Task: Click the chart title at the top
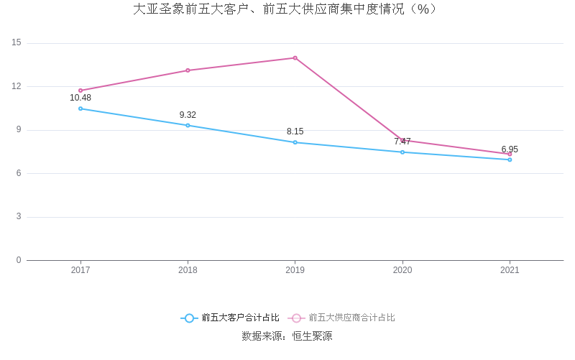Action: pyautogui.click(x=286, y=9)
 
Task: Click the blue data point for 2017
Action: pyautogui.click(x=80, y=109)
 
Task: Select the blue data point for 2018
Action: pyautogui.click(x=188, y=125)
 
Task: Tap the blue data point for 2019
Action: pyautogui.click(x=295, y=142)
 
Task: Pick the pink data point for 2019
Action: pyautogui.click(x=295, y=57)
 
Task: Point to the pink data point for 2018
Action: pyautogui.click(x=188, y=70)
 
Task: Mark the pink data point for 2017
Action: pyautogui.click(x=80, y=91)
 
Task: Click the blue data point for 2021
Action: pyautogui.click(x=510, y=160)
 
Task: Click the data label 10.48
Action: pyautogui.click(x=80, y=98)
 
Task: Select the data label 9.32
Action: pyautogui.click(x=188, y=115)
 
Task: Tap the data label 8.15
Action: pyautogui.click(x=295, y=131)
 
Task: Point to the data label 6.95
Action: pyautogui.click(x=510, y=149)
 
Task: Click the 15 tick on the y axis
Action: pyautogui.click(x=17, y=43)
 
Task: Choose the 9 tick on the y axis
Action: pyautogui.click(x=19, y=130)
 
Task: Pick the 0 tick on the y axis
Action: pyautogui.click(x=19, y=260)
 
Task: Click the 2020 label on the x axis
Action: pyautogui.click(x=402, y=270)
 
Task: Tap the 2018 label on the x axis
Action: pyautogui.click(x=188, y=270)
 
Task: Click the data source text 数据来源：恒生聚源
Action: pyautogui.click(x=287, y=336)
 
